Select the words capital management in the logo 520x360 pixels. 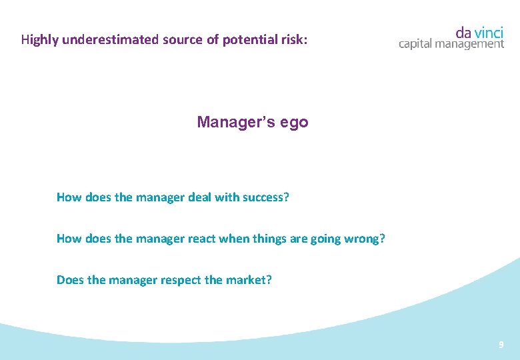tap(451, 44)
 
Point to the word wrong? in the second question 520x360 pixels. tap(363, 239)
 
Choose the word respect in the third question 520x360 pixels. tap(181, 280)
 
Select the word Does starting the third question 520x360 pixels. tap(71, 280)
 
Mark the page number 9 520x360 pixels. tap(501, 345)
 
